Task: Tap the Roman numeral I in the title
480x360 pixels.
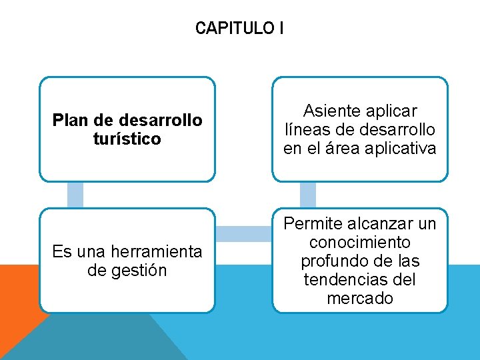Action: (x=282, y=28)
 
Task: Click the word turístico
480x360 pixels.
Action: (x=127, y=139)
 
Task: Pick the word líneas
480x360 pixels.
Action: (x=308, y=129)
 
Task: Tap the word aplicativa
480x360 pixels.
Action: (x=403, y=148)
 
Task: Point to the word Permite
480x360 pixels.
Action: (x=313, y=223)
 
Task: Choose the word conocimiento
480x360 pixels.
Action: (x=360, y=242)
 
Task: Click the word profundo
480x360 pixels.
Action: (x=333, y=261)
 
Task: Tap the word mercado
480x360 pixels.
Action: (x=360, y=298)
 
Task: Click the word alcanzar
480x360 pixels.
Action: (x=382, y=223)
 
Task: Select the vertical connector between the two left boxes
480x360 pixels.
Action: (x=75, y=195)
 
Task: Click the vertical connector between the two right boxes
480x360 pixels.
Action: (x=307, y=195)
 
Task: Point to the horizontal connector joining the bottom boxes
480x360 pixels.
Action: (x=243, y=234)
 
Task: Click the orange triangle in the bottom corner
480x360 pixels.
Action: (x=17, y=300)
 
